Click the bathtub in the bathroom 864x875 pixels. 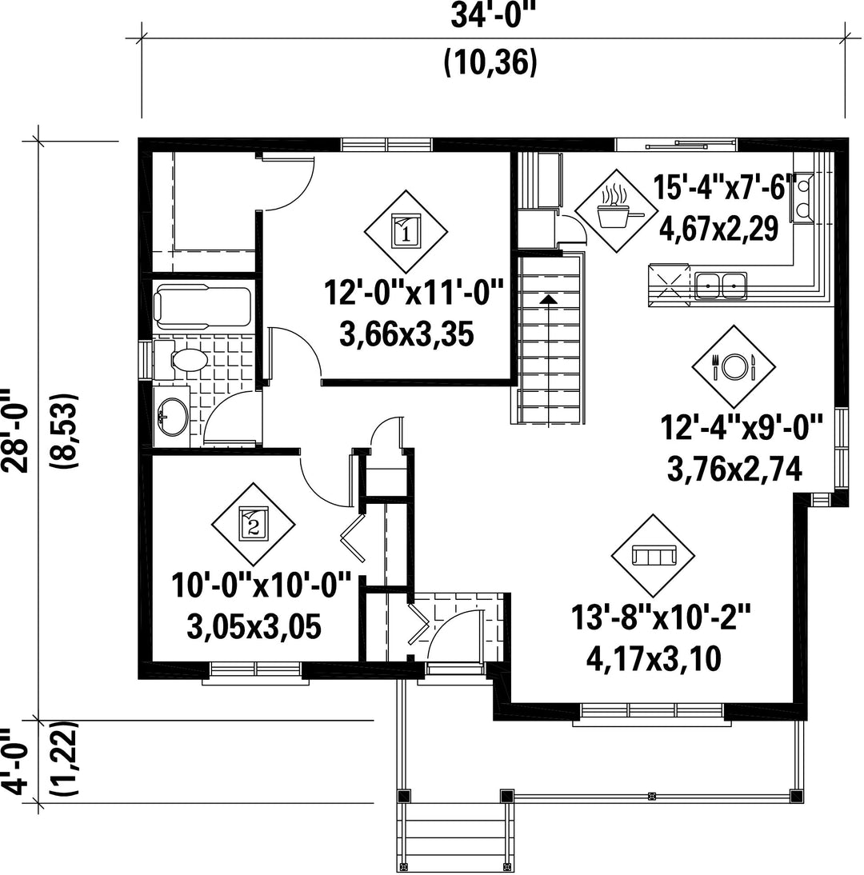(202, 306)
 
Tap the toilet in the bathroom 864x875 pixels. (184, 361)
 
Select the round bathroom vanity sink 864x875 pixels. (172, 417)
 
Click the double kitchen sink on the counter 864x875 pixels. (721, 286)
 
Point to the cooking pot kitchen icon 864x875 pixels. (616, 210)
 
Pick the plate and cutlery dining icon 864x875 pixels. (734, 366)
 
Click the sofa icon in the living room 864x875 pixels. (653, 556)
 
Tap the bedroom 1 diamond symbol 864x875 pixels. (406, 232)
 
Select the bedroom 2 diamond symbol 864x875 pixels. (253, 525)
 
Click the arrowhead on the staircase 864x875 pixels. (550, 299)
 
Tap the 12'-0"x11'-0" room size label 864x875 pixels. (414, 293)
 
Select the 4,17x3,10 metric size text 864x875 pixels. (654, 658)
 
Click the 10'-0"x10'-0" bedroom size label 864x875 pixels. (262, 585)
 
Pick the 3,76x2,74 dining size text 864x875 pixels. (734, 469)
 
